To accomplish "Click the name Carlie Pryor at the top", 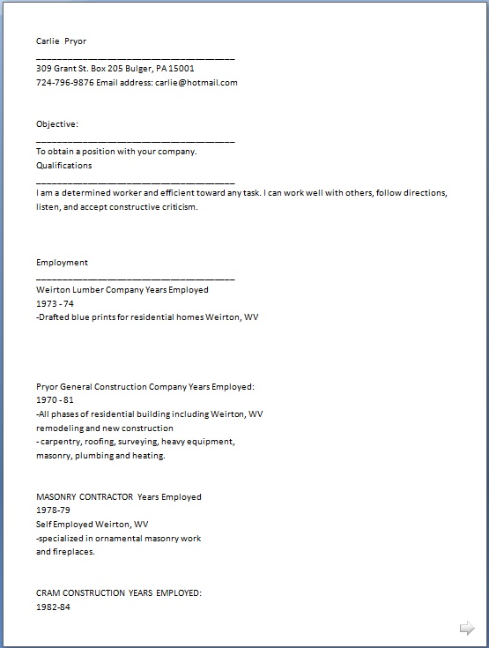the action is click(x=61, y=41).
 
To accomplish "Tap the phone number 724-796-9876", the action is click(x=64, y=83).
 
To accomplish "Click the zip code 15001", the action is click(x=182, y=68).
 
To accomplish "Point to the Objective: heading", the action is click(x=57, y=124).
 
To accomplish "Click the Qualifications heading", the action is click(x=63, y=165).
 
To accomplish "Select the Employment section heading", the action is click(x=62, y=262).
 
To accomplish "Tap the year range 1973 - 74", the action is click(x=55, y=302).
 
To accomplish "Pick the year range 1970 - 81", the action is click(x=55, y=399).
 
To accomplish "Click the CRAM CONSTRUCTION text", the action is click(x=80, y=593).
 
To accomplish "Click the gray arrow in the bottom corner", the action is click(x=467, y=628).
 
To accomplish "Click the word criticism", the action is click(x=177, y=206).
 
